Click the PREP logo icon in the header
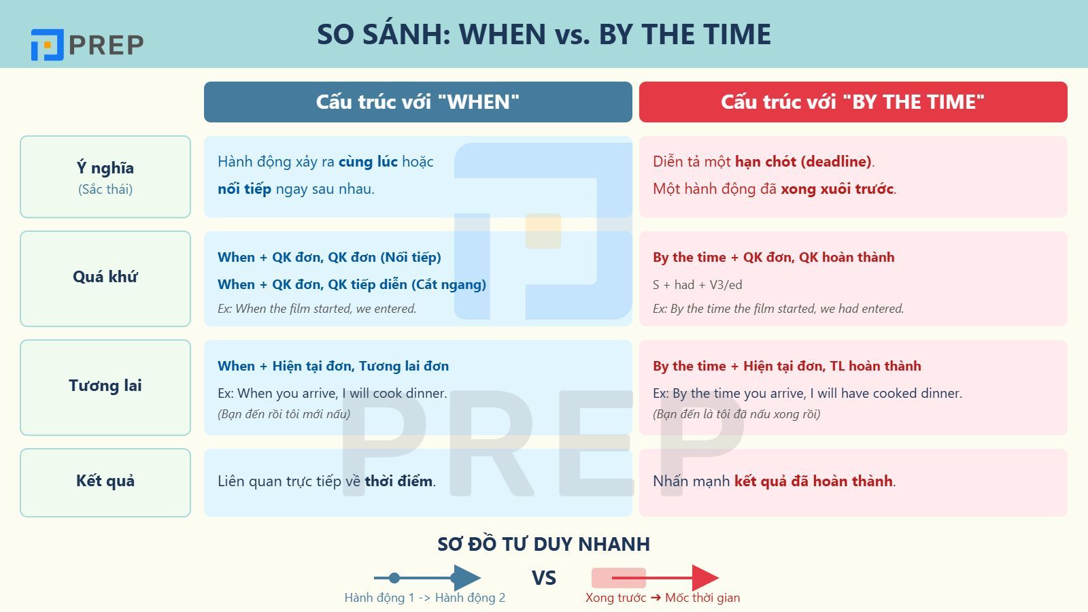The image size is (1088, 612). (47, 45)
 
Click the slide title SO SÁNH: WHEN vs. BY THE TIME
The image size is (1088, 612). (543, 34)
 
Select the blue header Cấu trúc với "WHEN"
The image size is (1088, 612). (418, 102)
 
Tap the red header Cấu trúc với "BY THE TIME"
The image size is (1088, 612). (853, 102)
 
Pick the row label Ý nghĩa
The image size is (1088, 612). (105, 169)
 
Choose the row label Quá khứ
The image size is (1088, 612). (105, 277)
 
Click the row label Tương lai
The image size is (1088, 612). (105, 386)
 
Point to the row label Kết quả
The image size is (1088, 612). (105, 481)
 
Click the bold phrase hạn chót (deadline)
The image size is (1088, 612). (803, 162)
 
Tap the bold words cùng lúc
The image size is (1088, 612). (368, 162)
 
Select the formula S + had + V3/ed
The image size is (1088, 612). (697, 285)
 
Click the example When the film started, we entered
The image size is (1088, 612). (317, 309)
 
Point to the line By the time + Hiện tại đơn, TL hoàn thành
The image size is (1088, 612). (787, 366)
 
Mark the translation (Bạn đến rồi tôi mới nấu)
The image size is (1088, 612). (284, 414)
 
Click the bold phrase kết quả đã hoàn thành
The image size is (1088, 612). (813, 481)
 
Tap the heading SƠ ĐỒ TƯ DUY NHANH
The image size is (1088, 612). (543, 544)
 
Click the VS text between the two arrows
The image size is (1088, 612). (543, 578)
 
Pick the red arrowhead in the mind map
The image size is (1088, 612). (704, 578)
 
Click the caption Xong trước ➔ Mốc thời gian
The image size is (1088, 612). (662, 598)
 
